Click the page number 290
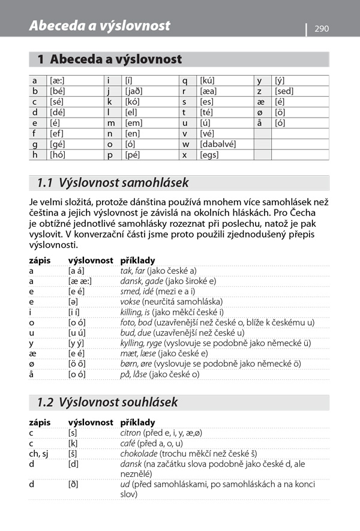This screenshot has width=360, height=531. (322, 28)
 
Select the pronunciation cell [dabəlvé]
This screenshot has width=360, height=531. (217, 144)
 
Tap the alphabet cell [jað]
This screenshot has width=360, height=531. (134, 91)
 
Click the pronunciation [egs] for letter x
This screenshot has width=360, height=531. (209, 155)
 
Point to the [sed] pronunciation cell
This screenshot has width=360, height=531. (284, 91)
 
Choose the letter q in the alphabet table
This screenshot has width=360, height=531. (185, 80)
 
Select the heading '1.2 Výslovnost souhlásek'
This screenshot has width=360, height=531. (107, 401)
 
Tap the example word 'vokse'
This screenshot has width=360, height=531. (130, 301)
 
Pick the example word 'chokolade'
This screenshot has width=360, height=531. (142, 454)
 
